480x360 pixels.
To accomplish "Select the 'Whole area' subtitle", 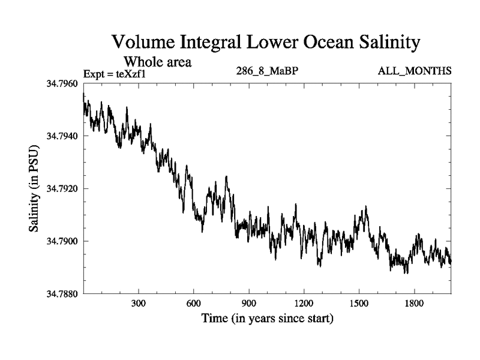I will coord(157,61).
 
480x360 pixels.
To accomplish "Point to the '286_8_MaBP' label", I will coord(268,71).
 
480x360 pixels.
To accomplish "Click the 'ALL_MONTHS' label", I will coord(415,71).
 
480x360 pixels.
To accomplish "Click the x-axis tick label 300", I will coord(139,303).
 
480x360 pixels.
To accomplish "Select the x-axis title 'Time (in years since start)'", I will coord(267,318).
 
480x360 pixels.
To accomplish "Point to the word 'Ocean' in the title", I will coord(309,43).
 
